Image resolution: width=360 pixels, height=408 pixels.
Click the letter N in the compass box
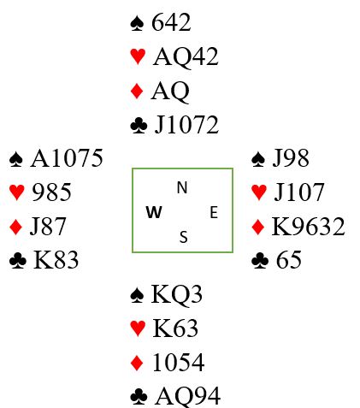click(182, 187)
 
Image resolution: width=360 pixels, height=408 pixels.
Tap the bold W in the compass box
click(154, 212)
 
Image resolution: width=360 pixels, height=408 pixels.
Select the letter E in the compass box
click(214, 213)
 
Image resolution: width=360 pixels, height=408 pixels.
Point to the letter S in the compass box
click(184, 237)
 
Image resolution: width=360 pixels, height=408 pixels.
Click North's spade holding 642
click(171, 22)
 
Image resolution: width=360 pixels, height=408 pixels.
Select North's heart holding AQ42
click(186, 56)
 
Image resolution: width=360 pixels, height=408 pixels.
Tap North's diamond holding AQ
click(170, 92)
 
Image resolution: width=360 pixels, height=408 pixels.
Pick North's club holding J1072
click(186, 125)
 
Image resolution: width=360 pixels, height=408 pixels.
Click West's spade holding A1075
click(67, 158)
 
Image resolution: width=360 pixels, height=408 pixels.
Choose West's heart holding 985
click(51, 192)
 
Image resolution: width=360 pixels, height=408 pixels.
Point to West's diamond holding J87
click(48, 226)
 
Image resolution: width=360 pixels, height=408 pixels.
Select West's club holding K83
click(56, 260)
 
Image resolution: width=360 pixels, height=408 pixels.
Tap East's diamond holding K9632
click(308, 227)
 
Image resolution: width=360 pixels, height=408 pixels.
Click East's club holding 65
click(288, 260)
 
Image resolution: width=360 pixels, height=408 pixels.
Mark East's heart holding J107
click(298, 192)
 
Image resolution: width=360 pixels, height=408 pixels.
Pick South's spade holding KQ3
click(176, 294)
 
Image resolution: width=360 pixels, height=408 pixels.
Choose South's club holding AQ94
click(187, 396)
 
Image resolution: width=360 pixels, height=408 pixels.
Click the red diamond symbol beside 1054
click(137, 363)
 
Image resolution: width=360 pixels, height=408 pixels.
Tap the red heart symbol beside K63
click(138, 328)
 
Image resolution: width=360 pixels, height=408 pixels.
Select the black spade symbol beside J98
click(258, 158)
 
